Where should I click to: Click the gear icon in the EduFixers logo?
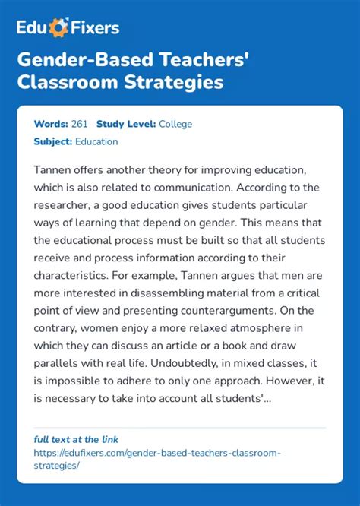click(58, 29)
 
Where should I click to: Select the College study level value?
click(175, 124)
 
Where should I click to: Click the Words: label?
click(49, 124)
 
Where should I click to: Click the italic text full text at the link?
click(76, 439)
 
